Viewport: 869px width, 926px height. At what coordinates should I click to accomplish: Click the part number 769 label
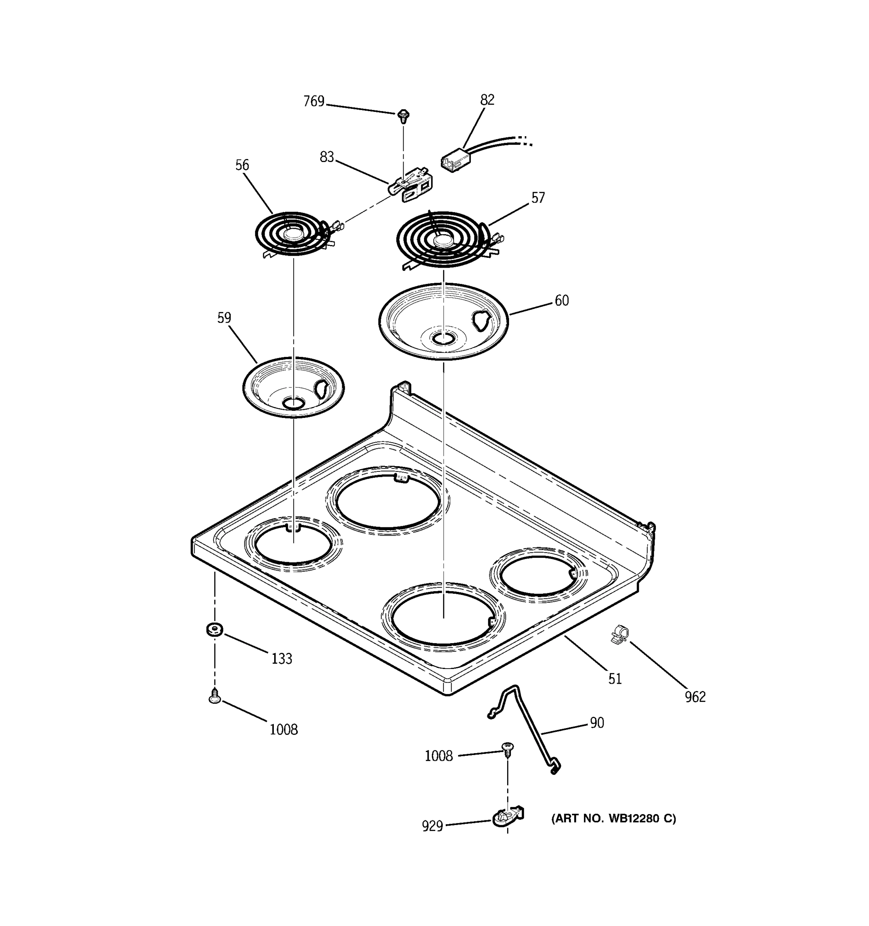coord(314,101)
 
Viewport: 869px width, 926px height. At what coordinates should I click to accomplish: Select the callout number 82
coord(487,100)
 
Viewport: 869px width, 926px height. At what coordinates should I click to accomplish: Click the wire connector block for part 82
coord(455,159)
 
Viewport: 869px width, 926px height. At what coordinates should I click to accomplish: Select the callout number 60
coord(562,301)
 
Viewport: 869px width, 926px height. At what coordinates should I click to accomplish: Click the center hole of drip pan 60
coord(443,339)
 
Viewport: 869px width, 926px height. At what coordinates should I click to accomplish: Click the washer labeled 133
coord(214,630)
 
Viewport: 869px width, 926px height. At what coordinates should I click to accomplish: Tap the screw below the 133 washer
coord(214,697)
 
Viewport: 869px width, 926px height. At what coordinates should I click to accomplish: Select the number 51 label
coord(615,679)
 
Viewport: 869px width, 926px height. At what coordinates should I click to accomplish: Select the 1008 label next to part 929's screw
coord(438,756)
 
